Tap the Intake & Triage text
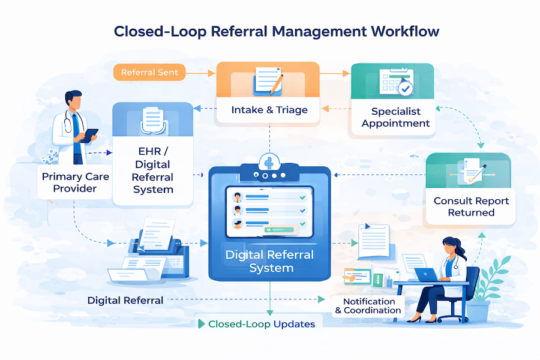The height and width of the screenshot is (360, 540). tap(269, 110)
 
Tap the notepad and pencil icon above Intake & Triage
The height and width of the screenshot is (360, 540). tap(268, 80)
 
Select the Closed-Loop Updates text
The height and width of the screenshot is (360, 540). tap(261, 324)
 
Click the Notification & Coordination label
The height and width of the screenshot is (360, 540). tap(368, 306)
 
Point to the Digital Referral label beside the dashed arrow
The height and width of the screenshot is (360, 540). tap(125, 300)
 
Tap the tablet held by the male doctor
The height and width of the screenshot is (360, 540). tap(90, 136)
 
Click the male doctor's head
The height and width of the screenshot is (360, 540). tap(73, 100)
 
